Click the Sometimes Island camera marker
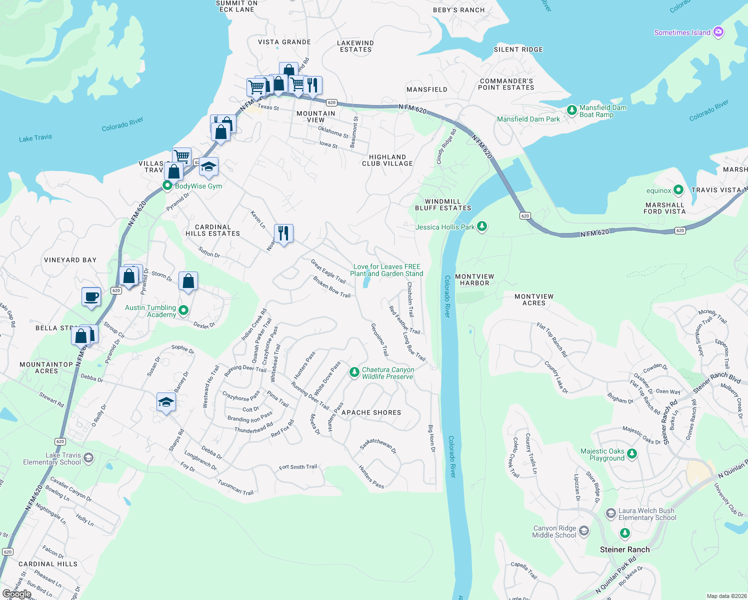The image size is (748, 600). coord(718,32)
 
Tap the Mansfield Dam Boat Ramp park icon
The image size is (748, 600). coord(571,110)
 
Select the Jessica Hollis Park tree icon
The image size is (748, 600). coord(481,226)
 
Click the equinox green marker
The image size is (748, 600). coord(678,190)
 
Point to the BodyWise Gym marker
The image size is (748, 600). coord(167,186)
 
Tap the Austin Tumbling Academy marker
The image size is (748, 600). coord(183,310)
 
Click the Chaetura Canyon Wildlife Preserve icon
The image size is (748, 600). coord(354,372)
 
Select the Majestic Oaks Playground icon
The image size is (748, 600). coord(632,454)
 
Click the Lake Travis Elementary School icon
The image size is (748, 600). coord(88,458)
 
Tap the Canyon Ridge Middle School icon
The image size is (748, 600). coord(584,531)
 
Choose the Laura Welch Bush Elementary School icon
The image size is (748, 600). coord(610,513)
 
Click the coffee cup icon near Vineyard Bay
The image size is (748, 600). coord(91,296)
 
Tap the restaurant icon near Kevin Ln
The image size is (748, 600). coord(283,233)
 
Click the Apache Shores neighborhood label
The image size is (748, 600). coord(371,412)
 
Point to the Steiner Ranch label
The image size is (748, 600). coord(624,549)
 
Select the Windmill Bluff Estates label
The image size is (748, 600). coord(443,205)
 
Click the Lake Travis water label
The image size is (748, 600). coord(35,138)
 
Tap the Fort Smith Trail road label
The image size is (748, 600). coord(297,467)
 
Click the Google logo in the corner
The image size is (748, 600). coord(17,593)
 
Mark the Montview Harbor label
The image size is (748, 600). coord(474,279)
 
